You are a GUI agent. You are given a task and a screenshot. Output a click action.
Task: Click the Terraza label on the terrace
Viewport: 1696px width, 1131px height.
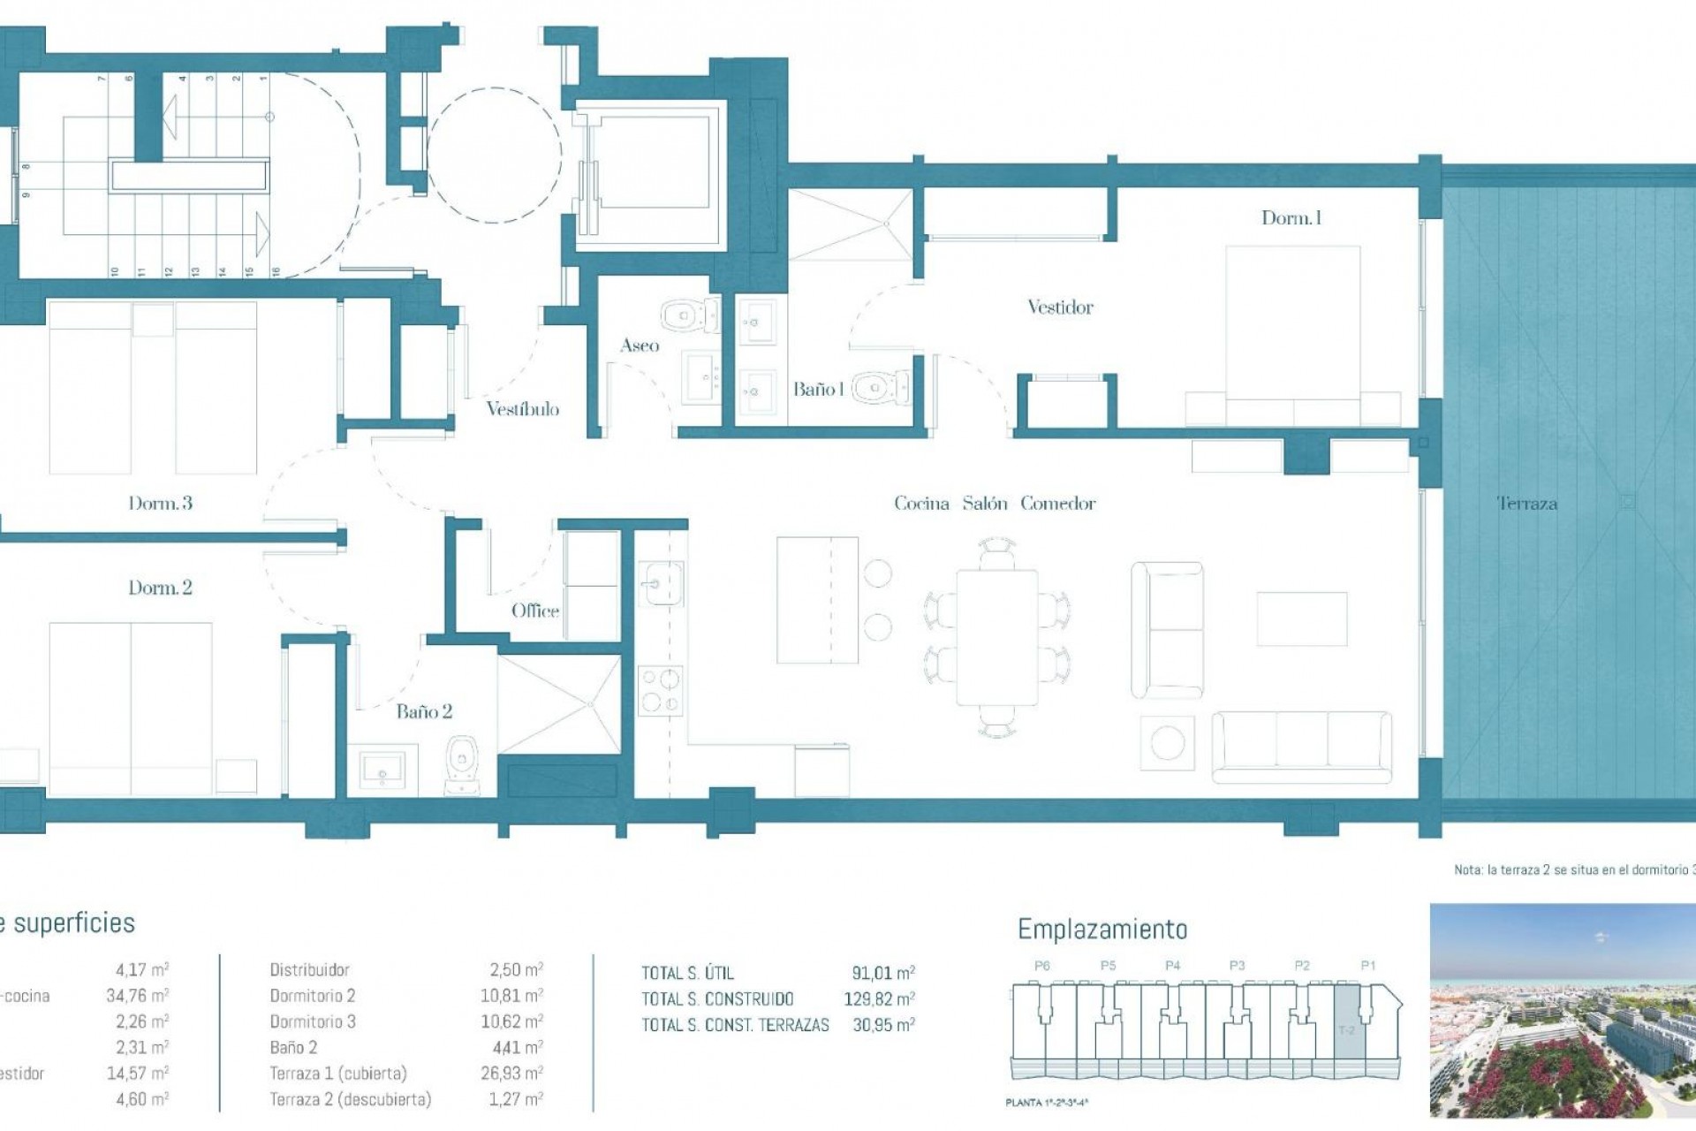tap(1526, 504)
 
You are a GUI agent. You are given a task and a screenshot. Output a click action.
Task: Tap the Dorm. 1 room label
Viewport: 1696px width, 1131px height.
tap(1291, 218)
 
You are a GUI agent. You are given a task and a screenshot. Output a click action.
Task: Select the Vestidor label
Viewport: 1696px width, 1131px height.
tap(1060, 307)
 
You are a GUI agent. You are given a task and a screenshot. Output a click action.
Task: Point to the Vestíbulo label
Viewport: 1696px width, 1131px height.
tap(522, 409)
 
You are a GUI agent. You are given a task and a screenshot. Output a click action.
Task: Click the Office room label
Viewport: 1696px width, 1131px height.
tap(534, 611)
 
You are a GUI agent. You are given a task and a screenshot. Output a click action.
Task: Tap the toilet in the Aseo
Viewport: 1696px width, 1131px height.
tap(687, 315)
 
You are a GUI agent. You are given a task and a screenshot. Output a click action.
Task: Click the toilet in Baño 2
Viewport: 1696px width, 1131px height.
tap(462, 763)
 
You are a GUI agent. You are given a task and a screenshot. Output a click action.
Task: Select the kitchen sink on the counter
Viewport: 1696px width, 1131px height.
tap(661, 583)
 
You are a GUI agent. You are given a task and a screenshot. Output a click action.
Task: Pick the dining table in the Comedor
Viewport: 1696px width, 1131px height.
tap(996, 637)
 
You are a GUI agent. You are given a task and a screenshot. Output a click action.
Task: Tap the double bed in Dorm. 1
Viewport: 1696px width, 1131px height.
tap(1292, 336)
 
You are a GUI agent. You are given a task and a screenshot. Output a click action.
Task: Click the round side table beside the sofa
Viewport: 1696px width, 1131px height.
tap(1167, 742)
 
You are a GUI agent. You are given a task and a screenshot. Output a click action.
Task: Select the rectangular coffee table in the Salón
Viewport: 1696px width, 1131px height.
tap(1302, 619)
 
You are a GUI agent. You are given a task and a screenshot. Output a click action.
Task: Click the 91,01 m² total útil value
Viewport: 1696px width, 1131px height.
tap(882, 973)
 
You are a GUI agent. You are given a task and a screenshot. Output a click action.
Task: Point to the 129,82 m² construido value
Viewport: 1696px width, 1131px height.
tap(879, 999)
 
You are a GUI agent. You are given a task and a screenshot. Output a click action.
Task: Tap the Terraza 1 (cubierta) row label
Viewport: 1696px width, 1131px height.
tap(338, 1074)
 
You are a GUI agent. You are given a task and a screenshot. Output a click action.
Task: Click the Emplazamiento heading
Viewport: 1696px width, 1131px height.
tap(1102, 930)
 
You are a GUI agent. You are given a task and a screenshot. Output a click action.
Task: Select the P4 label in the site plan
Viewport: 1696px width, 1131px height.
tap(1172, 966)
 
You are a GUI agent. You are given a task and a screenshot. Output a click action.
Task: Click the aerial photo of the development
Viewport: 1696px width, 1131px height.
tap(1562, 1010)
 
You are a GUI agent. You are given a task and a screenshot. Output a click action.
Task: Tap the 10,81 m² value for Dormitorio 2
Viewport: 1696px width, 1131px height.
tap(511, 996)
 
